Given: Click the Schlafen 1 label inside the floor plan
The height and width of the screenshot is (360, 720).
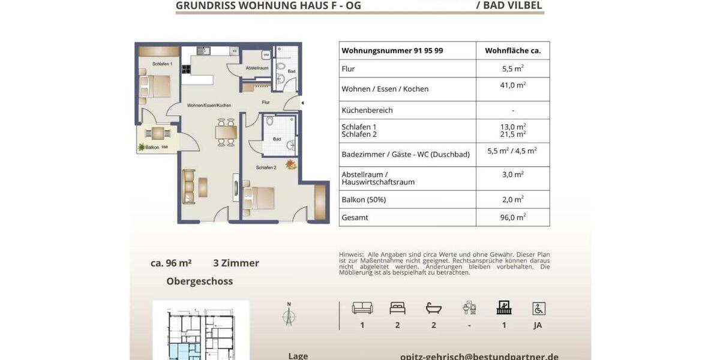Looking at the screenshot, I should click(162, 64).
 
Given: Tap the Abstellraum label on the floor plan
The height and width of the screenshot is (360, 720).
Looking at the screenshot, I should click(257, 68).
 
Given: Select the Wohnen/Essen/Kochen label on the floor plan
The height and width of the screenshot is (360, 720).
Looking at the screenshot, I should click(209, 105).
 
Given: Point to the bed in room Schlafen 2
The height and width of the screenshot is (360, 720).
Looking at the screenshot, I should click(259, 196).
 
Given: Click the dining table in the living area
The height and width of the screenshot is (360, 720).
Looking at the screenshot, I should click(226, 131).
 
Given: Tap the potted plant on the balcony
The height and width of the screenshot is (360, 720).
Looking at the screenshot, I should click(142, 147).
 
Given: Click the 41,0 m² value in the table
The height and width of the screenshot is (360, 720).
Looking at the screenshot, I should click(512, 85).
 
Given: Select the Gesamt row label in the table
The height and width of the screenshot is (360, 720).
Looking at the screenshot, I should click(355, 217).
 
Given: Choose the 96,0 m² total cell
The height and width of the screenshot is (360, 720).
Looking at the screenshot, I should click(512, 217).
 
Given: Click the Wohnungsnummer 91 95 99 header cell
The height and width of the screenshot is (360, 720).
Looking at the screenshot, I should click(392, 50).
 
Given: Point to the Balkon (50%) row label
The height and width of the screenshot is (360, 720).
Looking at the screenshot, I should click(364, 199).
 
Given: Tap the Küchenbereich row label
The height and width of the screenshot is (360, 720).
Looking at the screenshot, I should click(367, 110).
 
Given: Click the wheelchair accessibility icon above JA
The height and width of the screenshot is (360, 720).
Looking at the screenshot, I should click(538, 308).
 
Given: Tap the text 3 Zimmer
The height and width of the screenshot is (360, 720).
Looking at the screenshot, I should click(236, 263).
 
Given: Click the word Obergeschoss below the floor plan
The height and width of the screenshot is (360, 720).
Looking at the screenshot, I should click(199, 281).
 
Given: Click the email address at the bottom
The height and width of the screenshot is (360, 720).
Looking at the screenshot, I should click(479, 356).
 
